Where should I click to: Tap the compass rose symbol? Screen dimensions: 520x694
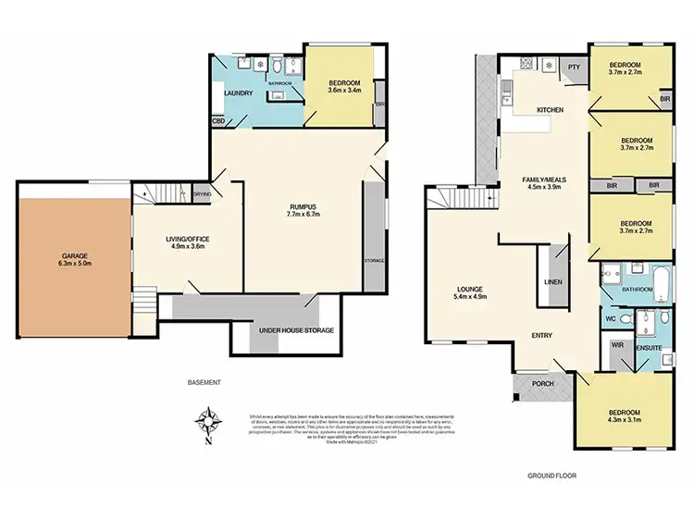(x=211, y=422)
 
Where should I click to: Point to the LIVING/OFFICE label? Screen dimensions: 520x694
(x=185, y=239)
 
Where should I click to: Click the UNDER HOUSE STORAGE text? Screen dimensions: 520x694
(x=295, y=330)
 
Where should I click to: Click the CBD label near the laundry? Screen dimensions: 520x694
(x=218, y=120)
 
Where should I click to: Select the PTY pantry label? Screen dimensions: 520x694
(x=574, y=67)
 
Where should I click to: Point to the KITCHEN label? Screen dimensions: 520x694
(x=551, y=110)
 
